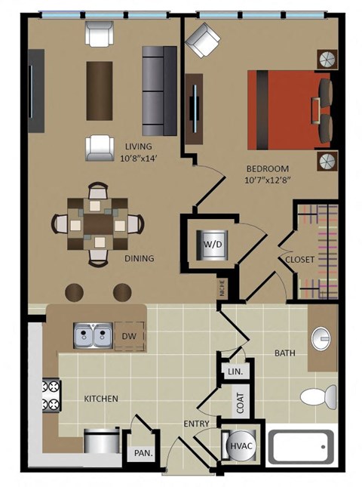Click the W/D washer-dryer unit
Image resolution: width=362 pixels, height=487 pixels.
pyautogui.click(x=213, y=245)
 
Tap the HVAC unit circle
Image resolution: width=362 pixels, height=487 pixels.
pyautogui.click(x=241, y=446)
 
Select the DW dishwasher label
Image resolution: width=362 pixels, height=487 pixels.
pyautogui.click(x=130, y=336)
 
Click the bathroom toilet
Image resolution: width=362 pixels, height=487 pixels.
pyautogui.click(x=319, y=397)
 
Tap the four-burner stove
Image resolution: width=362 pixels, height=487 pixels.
pyautogui.click(x=51, y=396)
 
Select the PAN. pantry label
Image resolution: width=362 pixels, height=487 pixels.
pyautogui.click(x=143, y=453)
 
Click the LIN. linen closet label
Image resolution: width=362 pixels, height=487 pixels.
pyautogui.click(x=235, y=371)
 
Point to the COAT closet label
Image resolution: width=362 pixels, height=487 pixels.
pyautogui.click(x=241, y=403)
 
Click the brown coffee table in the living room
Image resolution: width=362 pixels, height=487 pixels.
pyautogui.click(x=100, y=91)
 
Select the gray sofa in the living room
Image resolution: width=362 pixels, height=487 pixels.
pyautogui.click(x=159, y=91)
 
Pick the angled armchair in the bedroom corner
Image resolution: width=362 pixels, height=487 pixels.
pyautogui.click(x=203, y=40)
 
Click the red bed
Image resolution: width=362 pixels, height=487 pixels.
pyautogui.click(x=290, y=110)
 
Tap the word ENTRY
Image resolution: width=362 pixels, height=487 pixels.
pyautogui.click(x=196, y=424)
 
